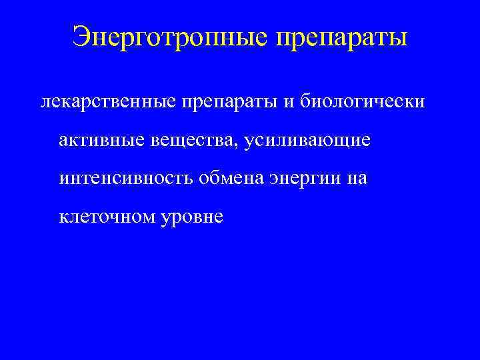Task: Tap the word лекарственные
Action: pyautogui.click(x=108, y=102)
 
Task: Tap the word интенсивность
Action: pyautogui.click(x=126, y=179)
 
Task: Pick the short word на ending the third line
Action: pyautogui.click(x=357, y=179)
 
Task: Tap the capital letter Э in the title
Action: pyautogui.click(x=81, y=37)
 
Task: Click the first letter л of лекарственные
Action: pyautogui.click(x=45, y=103)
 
